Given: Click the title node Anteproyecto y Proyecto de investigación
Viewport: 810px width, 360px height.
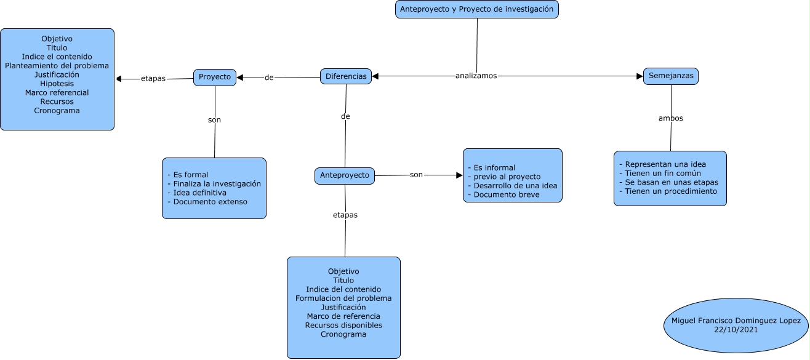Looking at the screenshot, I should (x=477, y=9).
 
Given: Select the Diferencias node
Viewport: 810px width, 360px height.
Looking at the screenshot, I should (x=346, y=76).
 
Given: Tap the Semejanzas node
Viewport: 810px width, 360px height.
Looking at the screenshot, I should (x=671, y=76).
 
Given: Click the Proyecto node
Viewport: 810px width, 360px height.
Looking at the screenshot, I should (x=215, y=77).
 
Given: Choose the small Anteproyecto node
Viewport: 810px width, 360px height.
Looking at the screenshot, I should (x=345, y=175).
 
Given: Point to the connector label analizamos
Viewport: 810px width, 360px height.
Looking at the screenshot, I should (x=476, y=76).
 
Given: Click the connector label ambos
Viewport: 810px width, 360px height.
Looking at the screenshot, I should (x=671, y=118).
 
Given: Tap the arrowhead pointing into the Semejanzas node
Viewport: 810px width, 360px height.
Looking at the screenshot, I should (x=640, y=76).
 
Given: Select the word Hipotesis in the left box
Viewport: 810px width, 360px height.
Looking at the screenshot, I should (x=57, y=84).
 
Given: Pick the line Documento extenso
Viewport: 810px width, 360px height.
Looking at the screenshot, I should (x=209, y=201).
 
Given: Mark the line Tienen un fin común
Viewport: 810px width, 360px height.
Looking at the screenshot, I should (x=662, y=174).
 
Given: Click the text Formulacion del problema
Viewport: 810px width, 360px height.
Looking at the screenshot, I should (x=343, y=298).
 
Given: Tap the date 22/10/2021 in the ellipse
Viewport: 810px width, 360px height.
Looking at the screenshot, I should (x=736, y=330).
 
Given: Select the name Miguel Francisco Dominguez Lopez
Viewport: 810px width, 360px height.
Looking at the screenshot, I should (x=736, y=321).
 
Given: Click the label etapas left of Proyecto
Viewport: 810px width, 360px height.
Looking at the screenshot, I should (x=153, y=78).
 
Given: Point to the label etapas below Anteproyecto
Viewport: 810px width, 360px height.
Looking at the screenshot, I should (x=345, y=215).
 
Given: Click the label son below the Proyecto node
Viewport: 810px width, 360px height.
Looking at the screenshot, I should (x=214, y=120).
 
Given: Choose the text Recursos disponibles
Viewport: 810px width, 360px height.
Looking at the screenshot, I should (x=343, y=325).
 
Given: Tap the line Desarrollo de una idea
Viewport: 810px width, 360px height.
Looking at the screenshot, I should (x=511, y=185).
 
